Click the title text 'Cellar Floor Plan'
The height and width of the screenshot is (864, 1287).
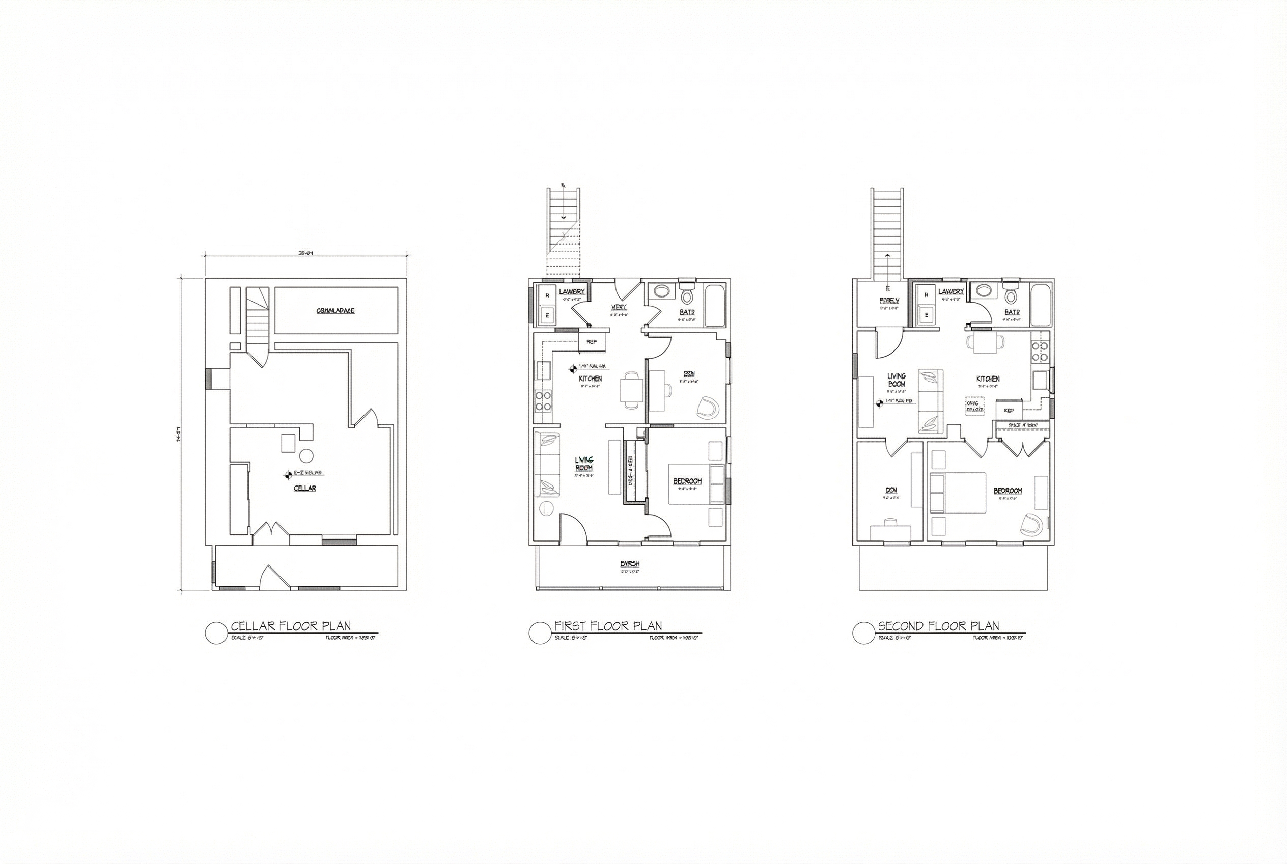point(290,626)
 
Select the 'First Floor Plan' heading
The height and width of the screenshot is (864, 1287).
point(608,626)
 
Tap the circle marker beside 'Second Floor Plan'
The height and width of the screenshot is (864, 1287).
point(863,633)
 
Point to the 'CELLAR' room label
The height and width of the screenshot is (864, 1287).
point(304,488)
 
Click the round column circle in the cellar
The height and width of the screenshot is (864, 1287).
point(305,456)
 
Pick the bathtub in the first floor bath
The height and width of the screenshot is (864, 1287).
point(716,305)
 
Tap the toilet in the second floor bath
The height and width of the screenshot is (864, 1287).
point(1010,295)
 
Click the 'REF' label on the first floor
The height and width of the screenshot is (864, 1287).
point(592,342)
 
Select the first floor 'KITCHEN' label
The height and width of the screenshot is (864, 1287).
point(590,379)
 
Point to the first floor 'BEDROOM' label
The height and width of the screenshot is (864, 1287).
point(687,481)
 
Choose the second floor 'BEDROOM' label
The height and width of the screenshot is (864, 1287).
point(1008,491)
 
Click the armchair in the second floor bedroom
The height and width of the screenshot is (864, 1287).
point(1031,524)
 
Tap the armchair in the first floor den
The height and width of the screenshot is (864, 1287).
point(708,407)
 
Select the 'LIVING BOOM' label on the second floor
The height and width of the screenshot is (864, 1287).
point(896,380)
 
